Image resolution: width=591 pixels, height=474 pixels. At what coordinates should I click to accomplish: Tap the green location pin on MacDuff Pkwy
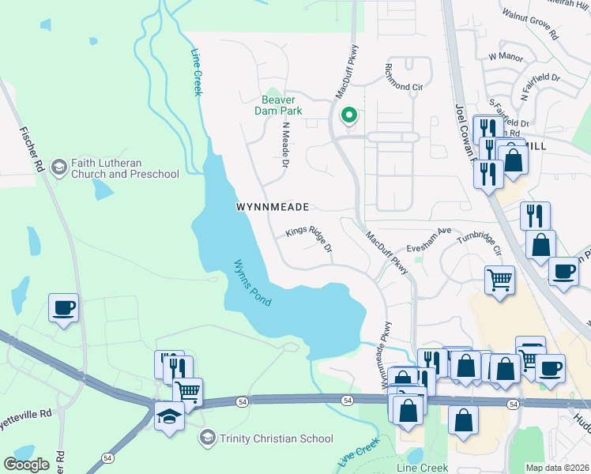click(348, 117)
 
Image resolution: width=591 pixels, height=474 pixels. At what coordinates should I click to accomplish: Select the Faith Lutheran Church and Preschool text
click(125, 168)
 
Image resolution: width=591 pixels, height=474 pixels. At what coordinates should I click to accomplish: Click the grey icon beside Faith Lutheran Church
click(58, 167)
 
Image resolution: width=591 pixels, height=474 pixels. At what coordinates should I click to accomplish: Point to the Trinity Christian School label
click(277, 438)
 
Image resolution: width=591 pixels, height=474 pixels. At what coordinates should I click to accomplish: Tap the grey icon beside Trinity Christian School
click(207, 438)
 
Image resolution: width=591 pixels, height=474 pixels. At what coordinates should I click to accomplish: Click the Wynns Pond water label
click(252, 284)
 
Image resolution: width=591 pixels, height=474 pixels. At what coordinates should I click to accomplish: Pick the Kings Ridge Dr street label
click(309, 239)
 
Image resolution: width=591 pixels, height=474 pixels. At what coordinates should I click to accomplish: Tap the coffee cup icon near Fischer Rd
click(63, 308)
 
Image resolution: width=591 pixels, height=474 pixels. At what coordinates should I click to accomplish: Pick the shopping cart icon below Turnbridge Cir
click(499, 280)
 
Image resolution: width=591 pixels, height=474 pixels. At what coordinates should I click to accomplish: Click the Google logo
click(26, 465)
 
